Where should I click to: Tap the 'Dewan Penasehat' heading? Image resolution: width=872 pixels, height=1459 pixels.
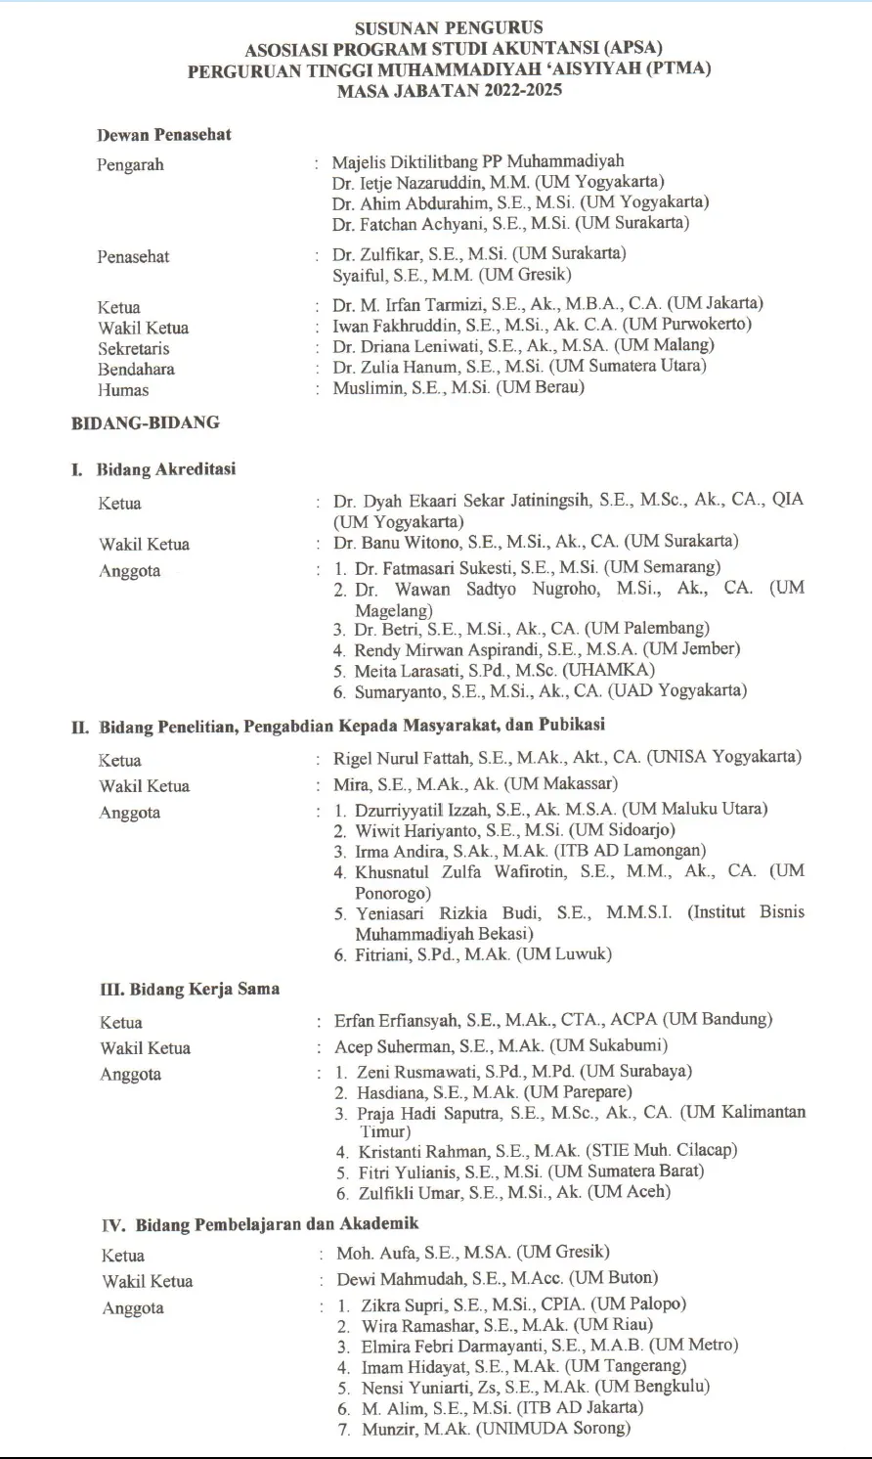[164, 135]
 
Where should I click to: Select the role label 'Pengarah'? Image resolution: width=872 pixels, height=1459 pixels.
[130, 164]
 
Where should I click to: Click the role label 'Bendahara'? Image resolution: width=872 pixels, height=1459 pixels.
[136, 369]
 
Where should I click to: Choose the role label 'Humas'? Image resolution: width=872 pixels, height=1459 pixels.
[123, 389]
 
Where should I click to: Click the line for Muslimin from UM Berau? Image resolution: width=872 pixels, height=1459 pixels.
[458, 388]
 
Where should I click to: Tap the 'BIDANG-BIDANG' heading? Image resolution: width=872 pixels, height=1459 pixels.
[146, 423]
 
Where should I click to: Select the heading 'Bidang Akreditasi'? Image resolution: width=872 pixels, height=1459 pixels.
[166, 469]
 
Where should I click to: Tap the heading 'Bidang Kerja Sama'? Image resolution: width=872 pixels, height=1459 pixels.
[190, 989]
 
